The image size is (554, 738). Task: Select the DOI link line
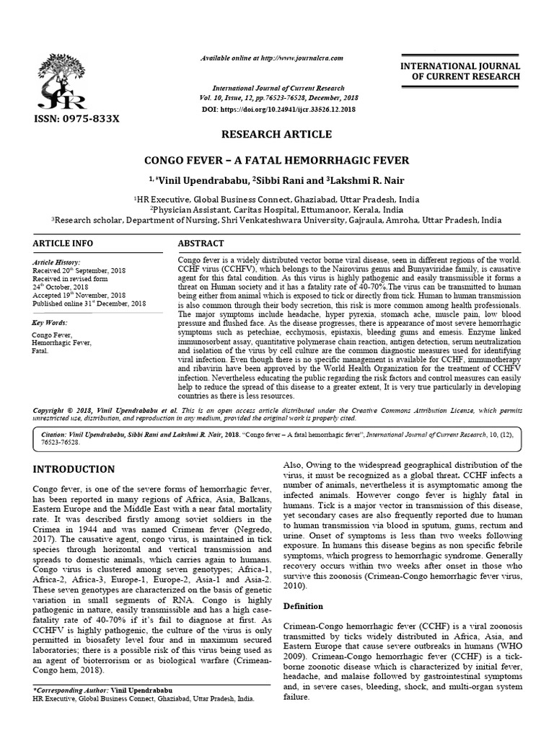pos(277,108)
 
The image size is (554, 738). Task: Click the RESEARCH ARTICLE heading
pos(276,135)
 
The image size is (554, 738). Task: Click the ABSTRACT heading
pos(201,244)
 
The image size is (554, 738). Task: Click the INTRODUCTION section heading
pos(74,469)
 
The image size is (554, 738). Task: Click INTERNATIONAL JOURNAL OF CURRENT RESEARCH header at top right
pos(465,71)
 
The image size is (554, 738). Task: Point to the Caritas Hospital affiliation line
pos(276,209)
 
